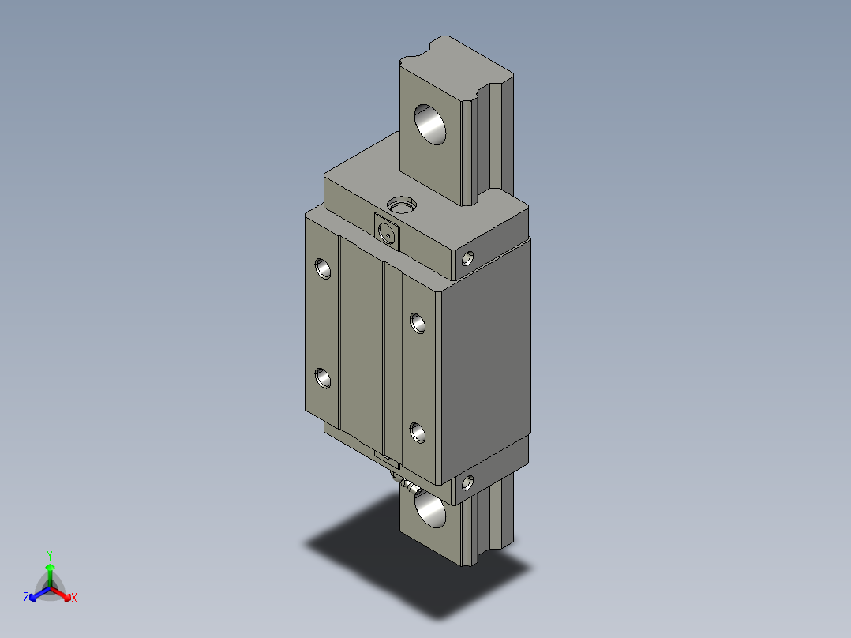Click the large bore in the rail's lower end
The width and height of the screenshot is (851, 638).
(429, 508)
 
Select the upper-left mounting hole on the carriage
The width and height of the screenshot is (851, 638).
(323, 268)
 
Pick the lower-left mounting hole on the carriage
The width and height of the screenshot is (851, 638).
(323, 378)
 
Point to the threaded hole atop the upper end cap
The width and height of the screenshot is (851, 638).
(402, 206)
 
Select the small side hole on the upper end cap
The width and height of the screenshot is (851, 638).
(468, 257)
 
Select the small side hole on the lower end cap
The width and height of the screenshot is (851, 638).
(468, 482)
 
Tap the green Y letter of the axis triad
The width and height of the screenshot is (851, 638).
(49, 554)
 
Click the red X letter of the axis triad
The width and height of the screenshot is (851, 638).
(73, 599)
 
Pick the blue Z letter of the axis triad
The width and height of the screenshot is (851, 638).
(26, 599)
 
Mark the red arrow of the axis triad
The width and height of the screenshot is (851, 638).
(64, 593)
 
